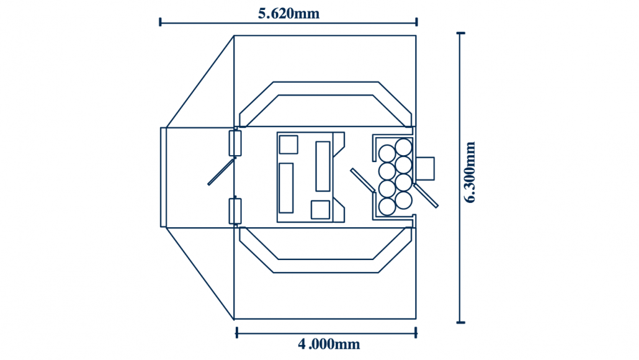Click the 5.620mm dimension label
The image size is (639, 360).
[288, 13]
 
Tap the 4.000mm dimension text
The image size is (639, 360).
[329, 344]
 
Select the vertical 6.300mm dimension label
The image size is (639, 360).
[470, 172]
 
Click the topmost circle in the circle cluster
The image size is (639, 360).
[403, 148]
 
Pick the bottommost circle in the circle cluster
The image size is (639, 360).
[387, 207]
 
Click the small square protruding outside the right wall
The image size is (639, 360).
[425, 168]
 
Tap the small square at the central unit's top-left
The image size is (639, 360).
[288, 145]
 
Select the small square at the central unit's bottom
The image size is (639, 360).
[320, 210]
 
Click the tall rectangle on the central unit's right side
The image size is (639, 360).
[323, 166]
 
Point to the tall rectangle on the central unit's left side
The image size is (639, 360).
[286, 188]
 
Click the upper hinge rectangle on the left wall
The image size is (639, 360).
[235, 143]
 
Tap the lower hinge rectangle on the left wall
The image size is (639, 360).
[235, 211]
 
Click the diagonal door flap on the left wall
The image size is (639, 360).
[221, 172]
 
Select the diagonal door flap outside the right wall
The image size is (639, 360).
[426, 196]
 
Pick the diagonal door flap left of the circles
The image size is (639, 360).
[363, 180]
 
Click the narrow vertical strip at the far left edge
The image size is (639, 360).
[163, 177]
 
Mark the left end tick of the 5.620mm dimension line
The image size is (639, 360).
[160, 22]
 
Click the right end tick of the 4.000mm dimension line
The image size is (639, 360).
[416, 333]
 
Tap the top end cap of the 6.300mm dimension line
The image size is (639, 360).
[460, 33]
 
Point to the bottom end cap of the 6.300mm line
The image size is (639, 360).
[460, 322]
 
